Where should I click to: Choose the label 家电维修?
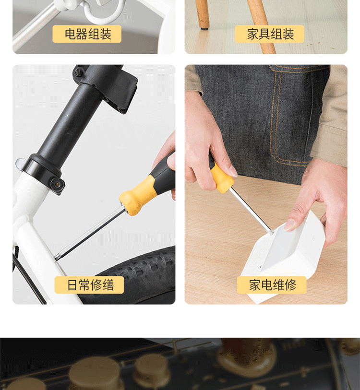pos(272,285)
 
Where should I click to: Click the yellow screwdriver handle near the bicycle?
pos(138,195)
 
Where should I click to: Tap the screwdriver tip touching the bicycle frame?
pos(57,258)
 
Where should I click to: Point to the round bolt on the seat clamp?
pos(57,185)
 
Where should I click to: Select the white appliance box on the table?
pos(284,256)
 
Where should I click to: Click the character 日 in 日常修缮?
pos(72,285)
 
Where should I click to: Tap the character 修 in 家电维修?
pos(290,285)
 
